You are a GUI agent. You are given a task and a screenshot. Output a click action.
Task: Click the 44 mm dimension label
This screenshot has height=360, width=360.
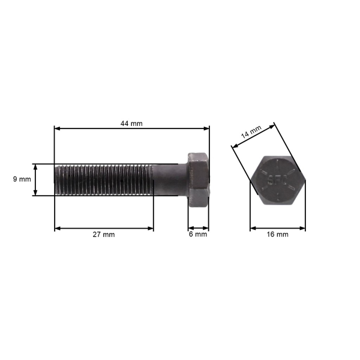(x=131, y=124)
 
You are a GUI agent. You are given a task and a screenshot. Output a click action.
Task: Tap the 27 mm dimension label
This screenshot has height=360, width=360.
(x=103, y=235)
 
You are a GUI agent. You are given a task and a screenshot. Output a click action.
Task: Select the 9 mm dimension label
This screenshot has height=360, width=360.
(x=22, y=179)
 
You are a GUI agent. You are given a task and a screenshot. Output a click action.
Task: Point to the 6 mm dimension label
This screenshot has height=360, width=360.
(x=197, y=235)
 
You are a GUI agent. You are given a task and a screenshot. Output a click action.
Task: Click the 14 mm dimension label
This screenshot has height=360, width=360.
(x=251, y=133)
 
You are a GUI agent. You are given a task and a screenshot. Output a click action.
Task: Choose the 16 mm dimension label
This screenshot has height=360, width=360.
(x=277, y=235)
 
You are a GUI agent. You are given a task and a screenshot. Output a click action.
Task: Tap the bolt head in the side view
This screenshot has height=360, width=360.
(x=198, y=180)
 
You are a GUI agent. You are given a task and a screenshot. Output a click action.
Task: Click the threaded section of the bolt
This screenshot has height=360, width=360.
(x=102, y=179)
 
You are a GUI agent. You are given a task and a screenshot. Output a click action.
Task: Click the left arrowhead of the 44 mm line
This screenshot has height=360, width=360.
(x=57, y=128)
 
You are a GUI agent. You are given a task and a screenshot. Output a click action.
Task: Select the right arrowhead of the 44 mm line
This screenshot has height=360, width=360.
(x=207, y=128)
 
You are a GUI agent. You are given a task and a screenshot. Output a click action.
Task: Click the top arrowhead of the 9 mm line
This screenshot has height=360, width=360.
(x=35, y=166)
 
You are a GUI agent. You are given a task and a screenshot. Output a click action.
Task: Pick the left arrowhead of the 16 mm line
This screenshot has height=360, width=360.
(x=253, y=228)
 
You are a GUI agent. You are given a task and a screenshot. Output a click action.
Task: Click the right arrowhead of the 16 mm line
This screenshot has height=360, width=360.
(x=303, y=228)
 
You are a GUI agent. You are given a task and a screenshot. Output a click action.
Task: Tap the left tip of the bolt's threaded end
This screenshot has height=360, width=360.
(x=56, y=179)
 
